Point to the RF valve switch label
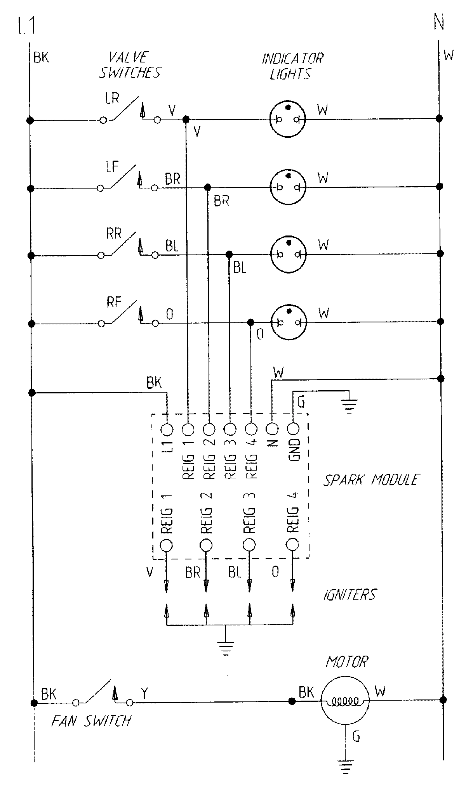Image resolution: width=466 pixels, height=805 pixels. click(x=114, y=302)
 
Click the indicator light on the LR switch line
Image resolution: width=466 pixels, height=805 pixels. click(x=288, y=119)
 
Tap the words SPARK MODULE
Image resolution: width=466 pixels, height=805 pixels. click(x=371, y=480)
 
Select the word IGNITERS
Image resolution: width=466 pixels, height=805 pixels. click(x=349, y=594)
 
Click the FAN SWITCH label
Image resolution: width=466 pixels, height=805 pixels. click(x=91, y=721)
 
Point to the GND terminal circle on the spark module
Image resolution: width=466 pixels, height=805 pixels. click(x=293, y=429)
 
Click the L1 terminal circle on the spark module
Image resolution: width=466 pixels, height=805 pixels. click(x=167, y=429)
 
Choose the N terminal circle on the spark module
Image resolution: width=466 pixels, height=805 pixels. click(x=272, y=429)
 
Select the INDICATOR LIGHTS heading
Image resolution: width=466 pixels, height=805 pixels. click(x=292, y=66)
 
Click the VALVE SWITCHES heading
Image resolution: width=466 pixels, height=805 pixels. click(x=130, y=65)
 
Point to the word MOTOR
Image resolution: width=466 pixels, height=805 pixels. click(x=346, y=662)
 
